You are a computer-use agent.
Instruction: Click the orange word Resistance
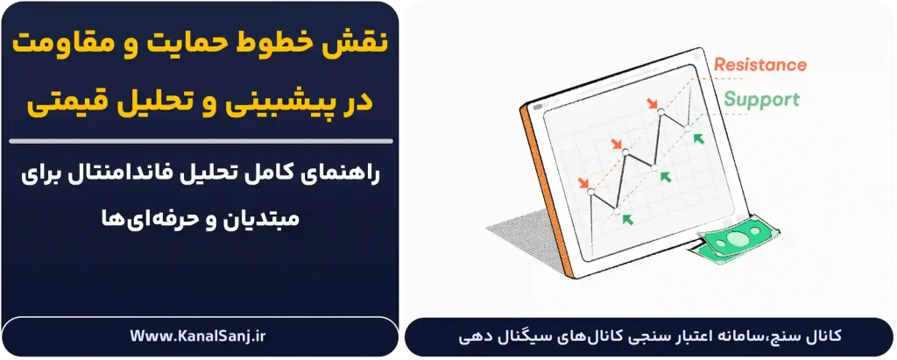point(759,65)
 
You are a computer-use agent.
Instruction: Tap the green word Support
point(761,99)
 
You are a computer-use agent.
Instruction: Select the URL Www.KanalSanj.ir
point(200,335)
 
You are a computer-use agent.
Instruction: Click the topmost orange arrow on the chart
point(653,105)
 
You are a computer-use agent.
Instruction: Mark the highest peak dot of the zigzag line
point(660,115)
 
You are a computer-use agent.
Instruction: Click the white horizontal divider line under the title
point(200,140)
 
